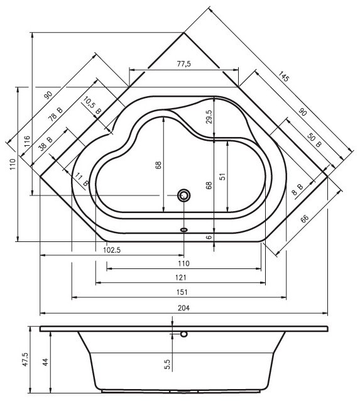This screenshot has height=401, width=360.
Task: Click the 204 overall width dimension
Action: click(183, 307)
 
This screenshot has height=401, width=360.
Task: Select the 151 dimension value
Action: click(182, 292)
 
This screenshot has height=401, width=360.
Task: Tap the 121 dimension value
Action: click(181, 277)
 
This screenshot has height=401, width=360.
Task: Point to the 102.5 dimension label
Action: click(112, 250)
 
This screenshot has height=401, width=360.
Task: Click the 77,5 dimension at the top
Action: click(184, 63)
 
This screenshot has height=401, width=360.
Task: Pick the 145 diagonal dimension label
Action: click(283, 77)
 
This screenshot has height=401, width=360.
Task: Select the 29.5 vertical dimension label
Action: click(209, 117)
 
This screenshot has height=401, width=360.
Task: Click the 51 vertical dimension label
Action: click(223, 177)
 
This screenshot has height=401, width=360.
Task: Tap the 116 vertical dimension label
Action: click(27, 141)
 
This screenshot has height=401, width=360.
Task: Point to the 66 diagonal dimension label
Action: click(304, 219)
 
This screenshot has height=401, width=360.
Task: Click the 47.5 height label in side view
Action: click(26, 360)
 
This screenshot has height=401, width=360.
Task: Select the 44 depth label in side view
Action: click(45, 362)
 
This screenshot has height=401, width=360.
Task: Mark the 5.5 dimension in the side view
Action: click(167, 364)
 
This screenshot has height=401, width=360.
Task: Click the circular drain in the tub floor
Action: click(184, 195)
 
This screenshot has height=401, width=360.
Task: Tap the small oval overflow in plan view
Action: click(184, 229)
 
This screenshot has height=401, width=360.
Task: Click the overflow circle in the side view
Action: click(184, 334)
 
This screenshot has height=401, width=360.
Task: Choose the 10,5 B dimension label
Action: click(92, 106)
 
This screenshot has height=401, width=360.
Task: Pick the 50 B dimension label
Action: click(314, 140)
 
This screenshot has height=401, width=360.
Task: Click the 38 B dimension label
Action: click(45, 143)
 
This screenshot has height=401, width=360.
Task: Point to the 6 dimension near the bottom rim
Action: click(209, 237)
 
